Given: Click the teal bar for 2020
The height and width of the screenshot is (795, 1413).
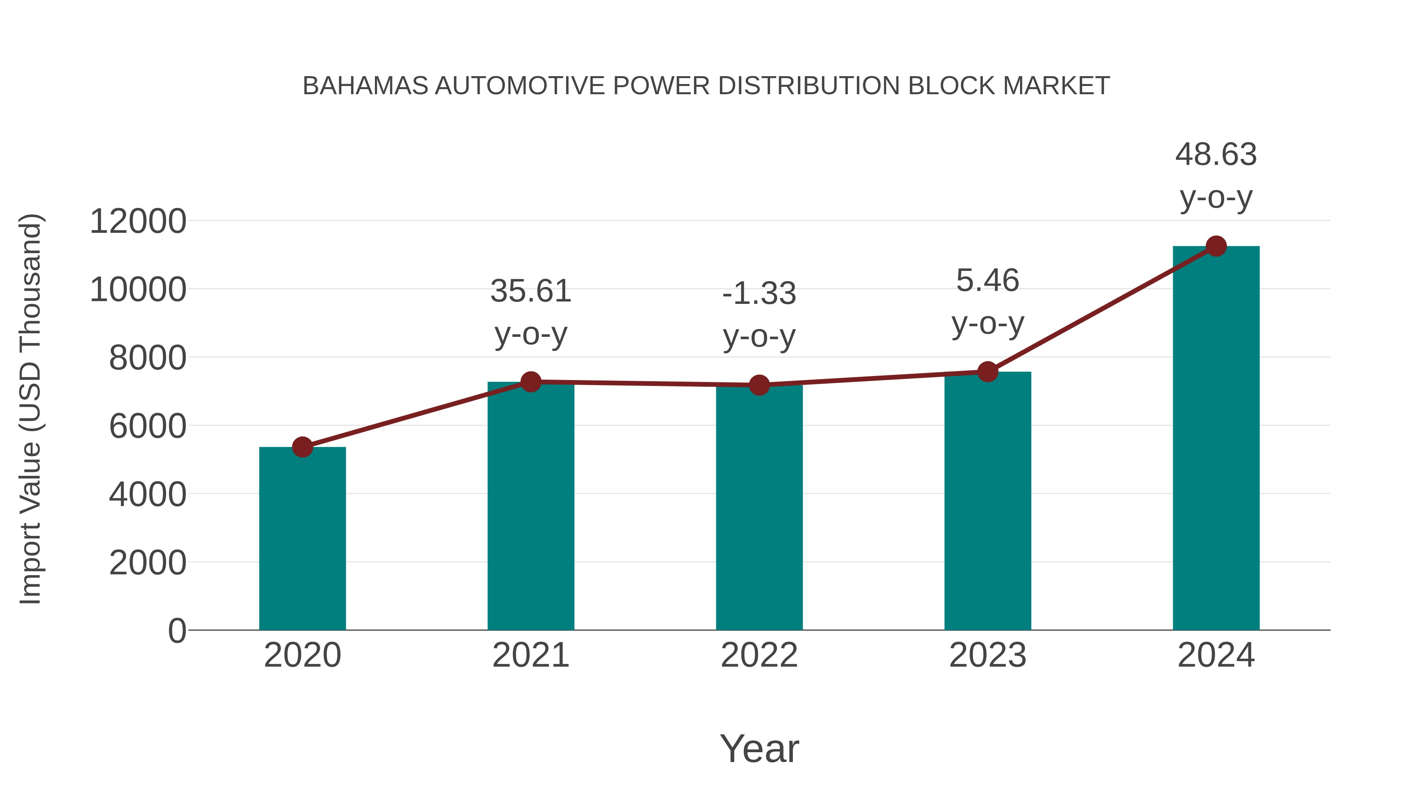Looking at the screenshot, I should click(x=302, y=541).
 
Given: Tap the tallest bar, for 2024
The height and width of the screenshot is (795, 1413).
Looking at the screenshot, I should click(x=1216, y=439).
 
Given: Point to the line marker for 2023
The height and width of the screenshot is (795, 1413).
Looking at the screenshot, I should click(x=988, y=372).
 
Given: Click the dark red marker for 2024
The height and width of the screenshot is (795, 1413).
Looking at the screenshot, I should click(x=1216, y=246).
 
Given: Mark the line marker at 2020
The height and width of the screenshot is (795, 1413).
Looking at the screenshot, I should click(x=302, y=447).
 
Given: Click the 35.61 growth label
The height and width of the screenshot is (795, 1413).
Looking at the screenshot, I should click(x=530, y=291).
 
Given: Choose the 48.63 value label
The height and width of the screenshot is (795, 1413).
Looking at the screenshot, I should click(x=1216, y=154).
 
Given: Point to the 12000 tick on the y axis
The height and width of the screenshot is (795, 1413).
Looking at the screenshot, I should click(x=138, y=222).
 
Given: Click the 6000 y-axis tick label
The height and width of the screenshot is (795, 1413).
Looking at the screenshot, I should click(x=148, y=426).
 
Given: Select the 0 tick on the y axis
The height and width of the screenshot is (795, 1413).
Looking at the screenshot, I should click(x=177, y=631).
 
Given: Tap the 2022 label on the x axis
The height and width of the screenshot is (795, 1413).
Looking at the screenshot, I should click(x=759, y=655).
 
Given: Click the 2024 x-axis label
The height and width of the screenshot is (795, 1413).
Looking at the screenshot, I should click(x=1216, y=655).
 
